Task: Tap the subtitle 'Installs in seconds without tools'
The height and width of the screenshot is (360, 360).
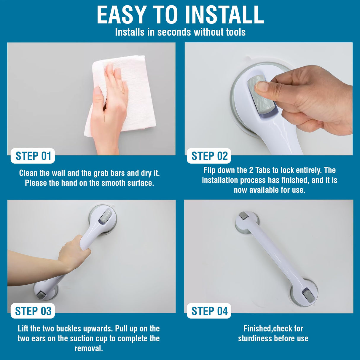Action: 180,32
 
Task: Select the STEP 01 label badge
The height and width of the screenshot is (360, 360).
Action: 33,156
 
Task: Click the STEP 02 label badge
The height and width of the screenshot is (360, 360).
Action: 209,156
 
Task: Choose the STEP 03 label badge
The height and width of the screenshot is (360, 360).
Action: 33,311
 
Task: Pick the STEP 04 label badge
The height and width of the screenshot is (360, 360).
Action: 209,311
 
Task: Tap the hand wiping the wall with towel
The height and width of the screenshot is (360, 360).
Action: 110,110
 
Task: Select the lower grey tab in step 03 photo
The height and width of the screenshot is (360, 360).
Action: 41,294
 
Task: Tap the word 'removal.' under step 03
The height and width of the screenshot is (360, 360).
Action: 89,348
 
